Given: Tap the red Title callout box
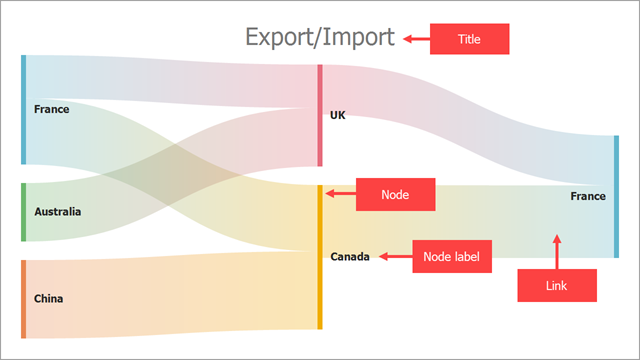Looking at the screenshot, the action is click(469, 39).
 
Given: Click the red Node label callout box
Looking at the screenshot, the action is click(451, 257).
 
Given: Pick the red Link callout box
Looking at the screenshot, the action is click(557, 286).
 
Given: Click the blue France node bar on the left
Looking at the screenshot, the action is click(23, 110).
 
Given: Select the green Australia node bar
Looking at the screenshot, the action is click(23, 212).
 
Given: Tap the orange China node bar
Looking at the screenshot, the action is click(23, 298).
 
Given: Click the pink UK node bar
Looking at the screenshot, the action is click(320, 115).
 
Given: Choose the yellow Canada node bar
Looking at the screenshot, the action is click(320, 257).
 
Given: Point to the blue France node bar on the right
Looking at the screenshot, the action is click(616, 196).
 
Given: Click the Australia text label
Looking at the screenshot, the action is click(58, 212).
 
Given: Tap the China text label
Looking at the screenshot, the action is click(49, 298).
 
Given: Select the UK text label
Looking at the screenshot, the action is click(338, 115).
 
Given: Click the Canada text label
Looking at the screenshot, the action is click(350, 257).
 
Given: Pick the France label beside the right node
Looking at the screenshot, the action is click(588, 196).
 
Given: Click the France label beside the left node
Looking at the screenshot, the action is click(51, 109).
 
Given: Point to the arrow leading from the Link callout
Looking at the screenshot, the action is click(557, 251).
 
